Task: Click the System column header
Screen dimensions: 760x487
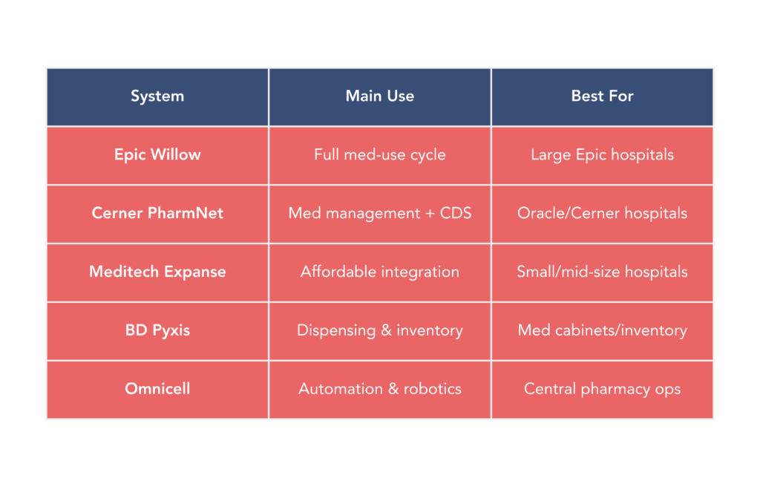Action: [x=157, y=96]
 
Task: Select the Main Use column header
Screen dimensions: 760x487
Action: [x=379, y=96]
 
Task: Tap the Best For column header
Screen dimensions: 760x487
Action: [x=602, y=96]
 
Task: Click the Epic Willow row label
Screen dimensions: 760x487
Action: [x=157, y=154]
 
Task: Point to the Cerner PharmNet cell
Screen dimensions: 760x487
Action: [x=157, y=213]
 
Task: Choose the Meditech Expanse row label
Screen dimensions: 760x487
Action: [x=157, y=272]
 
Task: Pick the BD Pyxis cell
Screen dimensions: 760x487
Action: [x=157, y=330]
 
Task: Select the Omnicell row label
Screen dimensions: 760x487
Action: [x=157, y=388]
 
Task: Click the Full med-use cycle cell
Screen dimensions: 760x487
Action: [x=379, y=154]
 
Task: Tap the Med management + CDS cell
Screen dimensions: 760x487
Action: [x=379, y=213]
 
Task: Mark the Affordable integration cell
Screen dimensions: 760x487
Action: [x=379, y=272]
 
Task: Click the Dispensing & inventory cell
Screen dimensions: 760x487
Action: [x=379, y=330]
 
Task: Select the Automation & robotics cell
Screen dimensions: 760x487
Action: [x=379, y=388]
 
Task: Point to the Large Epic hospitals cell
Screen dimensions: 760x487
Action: [x=602, y=154]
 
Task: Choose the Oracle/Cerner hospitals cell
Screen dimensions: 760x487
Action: [x=602, y=213]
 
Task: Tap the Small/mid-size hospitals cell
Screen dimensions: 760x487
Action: [x=602, y=272]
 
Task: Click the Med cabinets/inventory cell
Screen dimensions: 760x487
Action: [x=602, y=330]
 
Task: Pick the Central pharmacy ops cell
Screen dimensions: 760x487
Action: [x=602, y=389]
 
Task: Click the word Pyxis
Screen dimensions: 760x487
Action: [x=171, y=331]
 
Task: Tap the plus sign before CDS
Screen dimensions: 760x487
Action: [x=430, y=214]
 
